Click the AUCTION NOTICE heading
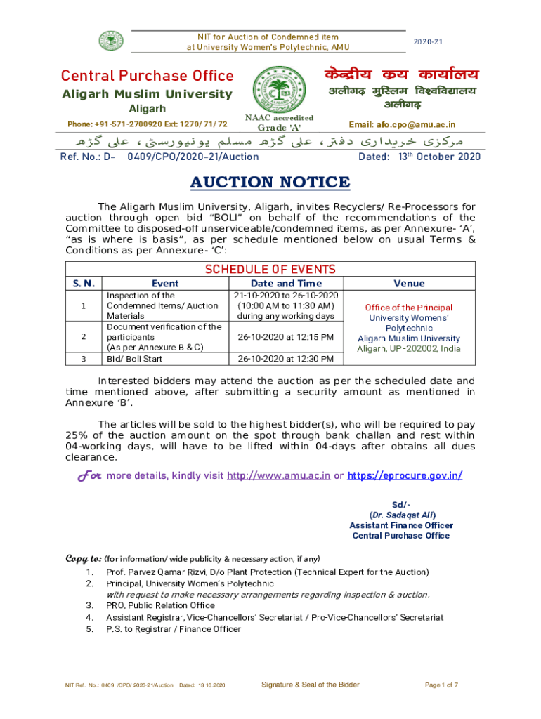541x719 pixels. [270, 183]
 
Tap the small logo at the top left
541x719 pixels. [109, 41]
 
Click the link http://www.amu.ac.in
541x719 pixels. [278, 475]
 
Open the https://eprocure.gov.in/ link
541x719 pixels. [404, 475]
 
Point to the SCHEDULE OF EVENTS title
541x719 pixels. [269, 270]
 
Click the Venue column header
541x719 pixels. [409, 284]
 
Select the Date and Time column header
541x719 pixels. [286, 284]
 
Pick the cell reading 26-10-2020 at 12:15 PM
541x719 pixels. [286, 337]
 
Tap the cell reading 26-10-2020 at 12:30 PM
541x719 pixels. [286, 359]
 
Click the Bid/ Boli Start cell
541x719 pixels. [134, 359]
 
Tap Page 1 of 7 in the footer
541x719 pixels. [442, 685]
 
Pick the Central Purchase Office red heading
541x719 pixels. [147, 76]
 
